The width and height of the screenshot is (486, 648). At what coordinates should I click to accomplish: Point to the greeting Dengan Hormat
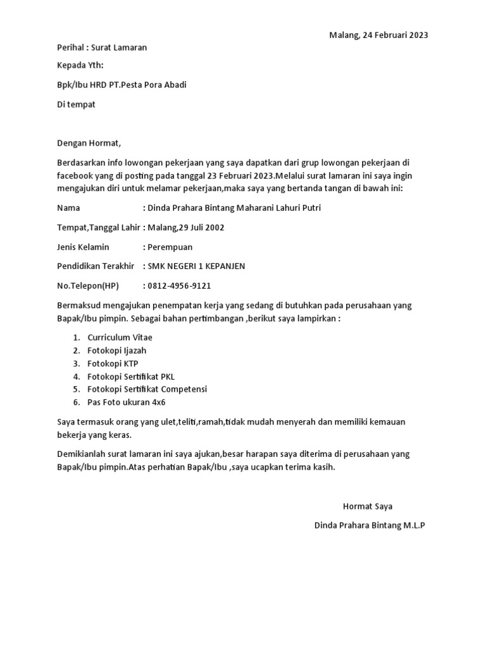(88, 144)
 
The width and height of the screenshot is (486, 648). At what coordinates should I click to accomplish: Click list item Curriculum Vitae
(120, 337)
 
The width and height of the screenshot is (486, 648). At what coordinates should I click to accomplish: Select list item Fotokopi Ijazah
(117, 351)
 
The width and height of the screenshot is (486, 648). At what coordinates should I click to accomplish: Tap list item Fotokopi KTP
(113, 363)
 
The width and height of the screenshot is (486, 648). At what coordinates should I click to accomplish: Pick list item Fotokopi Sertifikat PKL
(131, 377)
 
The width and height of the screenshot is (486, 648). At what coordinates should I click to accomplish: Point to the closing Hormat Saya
(368, 506)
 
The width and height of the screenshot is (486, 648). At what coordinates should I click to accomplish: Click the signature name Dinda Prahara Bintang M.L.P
(370, 526)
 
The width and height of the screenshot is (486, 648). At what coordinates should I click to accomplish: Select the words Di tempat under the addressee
(76, 105)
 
